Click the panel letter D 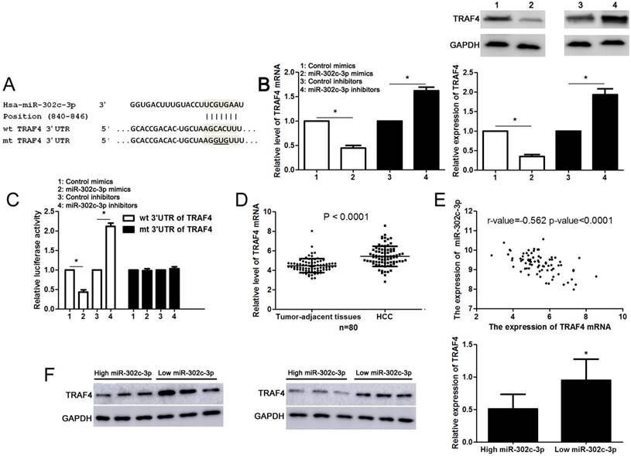pos(242,202)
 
